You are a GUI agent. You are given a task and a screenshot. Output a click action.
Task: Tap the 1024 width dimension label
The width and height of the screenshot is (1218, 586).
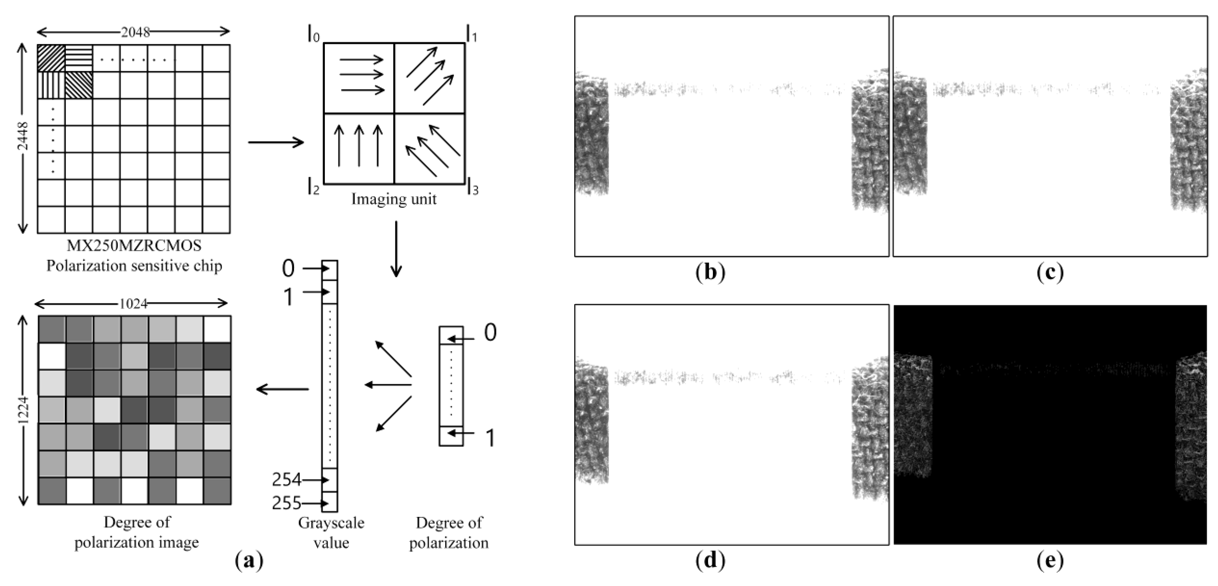(134, 304)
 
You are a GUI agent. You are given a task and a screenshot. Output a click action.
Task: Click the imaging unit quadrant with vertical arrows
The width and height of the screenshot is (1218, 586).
(359, 149)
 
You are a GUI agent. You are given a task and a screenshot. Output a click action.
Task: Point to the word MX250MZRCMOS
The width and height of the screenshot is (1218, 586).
(134, 246)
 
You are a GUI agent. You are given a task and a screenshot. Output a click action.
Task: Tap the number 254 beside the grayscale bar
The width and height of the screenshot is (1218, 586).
(286, 480)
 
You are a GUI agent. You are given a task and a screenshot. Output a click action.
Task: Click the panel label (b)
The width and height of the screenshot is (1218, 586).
(710, 273)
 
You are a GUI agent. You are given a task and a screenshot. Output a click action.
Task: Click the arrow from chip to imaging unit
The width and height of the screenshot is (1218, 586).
(276, 142)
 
